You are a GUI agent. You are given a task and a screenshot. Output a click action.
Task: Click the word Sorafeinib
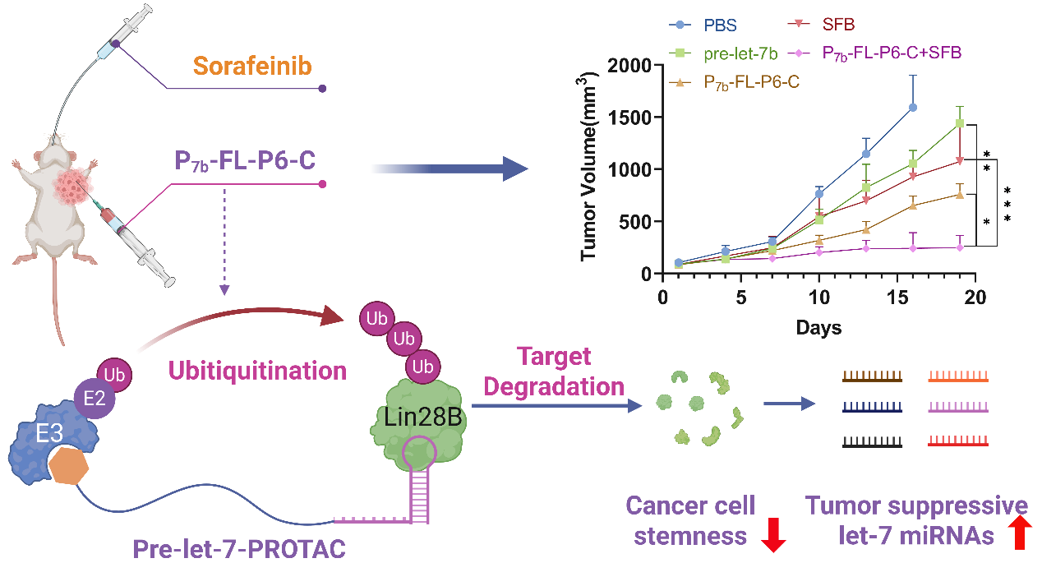252,66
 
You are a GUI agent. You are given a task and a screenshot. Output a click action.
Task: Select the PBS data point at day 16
913,107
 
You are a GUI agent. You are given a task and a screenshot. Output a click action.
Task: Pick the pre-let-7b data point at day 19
960,124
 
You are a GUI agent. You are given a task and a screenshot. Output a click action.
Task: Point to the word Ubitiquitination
257,370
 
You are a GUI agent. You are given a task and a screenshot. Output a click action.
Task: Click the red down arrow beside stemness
774,534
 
